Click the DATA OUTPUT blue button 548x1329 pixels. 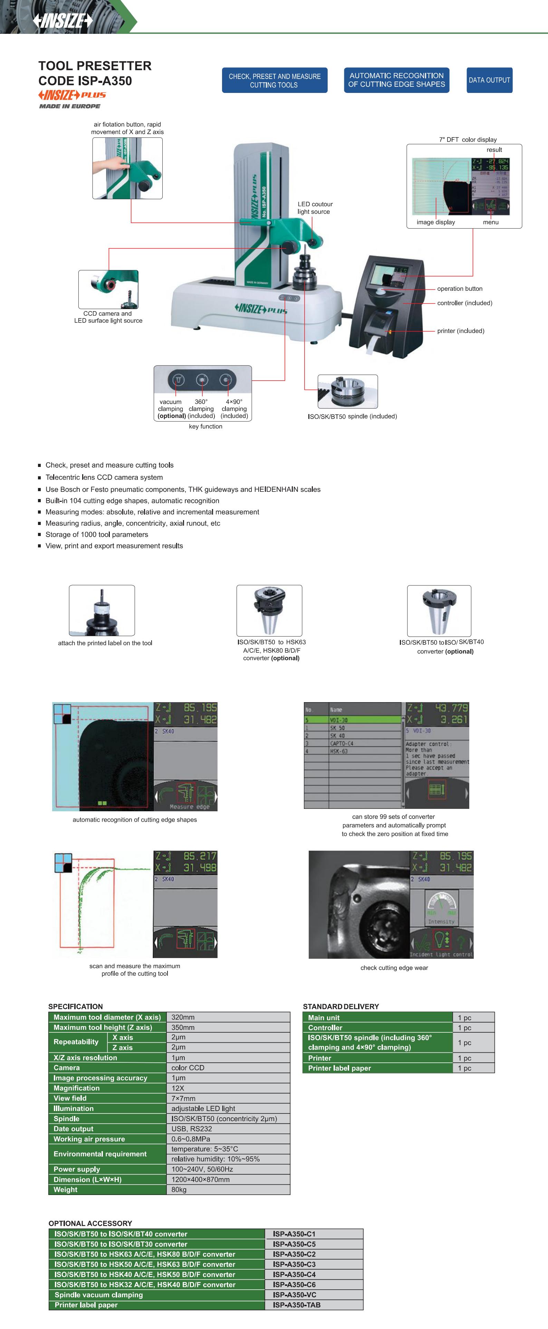pyautogui.click(x=489, y=80)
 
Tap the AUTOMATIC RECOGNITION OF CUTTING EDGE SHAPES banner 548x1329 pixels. pyautogui.click(x=396, y=80)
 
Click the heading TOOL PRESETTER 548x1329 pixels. pyautogui.click(x=95, y=66)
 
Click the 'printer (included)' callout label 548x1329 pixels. pyautogui.click(x=460, y=331)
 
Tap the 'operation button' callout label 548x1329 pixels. pyautogui.click(x=459, y=288)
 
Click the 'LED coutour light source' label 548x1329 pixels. pyautogui.click(x=315, y=208)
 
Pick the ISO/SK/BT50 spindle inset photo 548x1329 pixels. pyautogui.click(x=347, y=392)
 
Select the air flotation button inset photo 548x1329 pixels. pyautogui.click(x=127, y=168)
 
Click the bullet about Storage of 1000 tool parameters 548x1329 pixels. pyautogui.click(x=96, y=535)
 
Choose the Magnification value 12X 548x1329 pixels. pyautogui.click(x=178, y=1088)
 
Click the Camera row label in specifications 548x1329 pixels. pyautogui.click(x=67, y=1068)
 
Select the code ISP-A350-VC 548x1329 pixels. pyautogui.click(x=294, y=1294)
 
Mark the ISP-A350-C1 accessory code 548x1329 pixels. pyautogui.click(x=294, y=1234)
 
